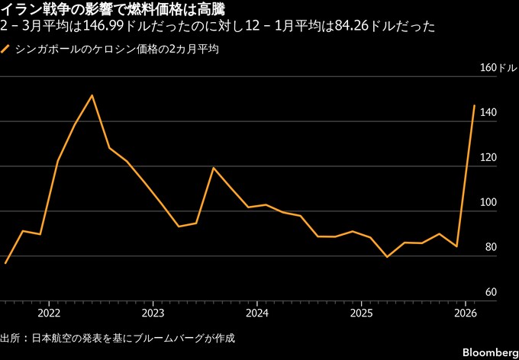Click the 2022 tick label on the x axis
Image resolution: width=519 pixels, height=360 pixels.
49,313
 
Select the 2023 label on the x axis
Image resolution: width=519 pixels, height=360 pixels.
153,313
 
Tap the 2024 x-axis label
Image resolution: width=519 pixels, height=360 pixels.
257,313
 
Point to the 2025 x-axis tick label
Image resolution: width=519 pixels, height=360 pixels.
362,313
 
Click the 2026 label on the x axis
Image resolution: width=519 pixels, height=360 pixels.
466,313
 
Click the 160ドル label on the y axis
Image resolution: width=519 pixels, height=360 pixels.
498,68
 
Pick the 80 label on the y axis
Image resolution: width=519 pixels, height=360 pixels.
491,248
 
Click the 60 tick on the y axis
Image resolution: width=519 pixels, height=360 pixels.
491,293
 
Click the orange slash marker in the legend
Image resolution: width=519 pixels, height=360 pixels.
6,49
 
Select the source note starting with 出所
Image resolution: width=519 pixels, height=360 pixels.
118,337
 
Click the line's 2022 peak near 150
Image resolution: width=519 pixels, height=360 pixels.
92,95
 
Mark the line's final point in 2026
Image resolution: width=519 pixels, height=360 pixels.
474,105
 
